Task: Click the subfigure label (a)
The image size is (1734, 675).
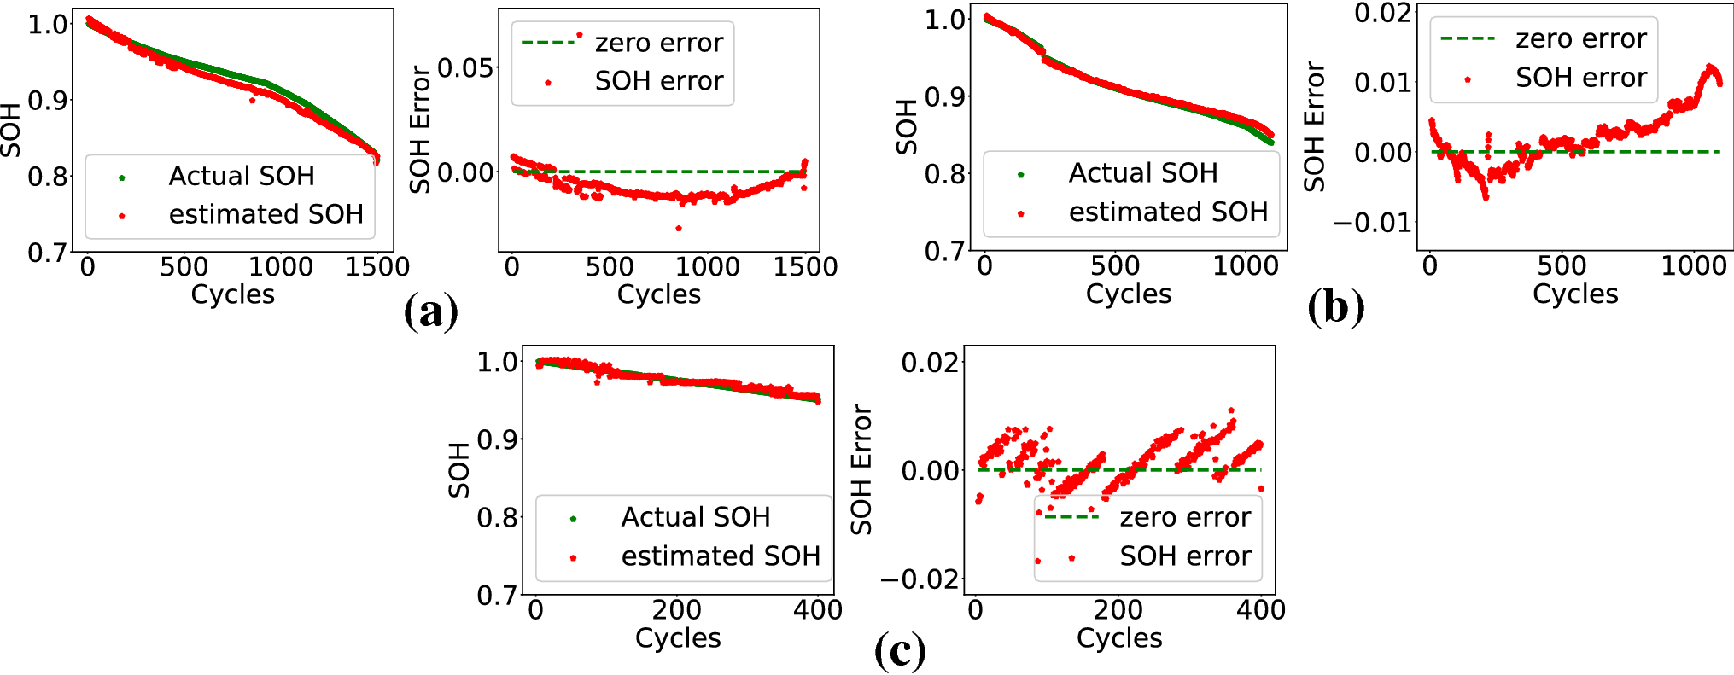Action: tap(430, 311)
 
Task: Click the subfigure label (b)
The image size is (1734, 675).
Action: tap(1335, 307)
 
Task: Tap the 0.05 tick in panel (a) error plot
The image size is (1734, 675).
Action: tap(465, 67)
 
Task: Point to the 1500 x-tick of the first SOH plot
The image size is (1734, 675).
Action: tap(377, 266)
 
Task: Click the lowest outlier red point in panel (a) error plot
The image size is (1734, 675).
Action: tap(679, 228)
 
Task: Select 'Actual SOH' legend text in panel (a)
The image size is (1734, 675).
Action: tap(242, 176)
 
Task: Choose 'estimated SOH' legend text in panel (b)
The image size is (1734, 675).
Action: tap(1168, 212)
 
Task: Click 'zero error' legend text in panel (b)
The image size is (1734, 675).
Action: tap(1580, 38)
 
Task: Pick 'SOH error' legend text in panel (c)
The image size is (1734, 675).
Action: tap(1185, 556)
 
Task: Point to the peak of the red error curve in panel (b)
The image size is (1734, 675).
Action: tap(1710, 67)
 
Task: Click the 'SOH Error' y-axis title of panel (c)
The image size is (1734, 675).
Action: tap(861, 469)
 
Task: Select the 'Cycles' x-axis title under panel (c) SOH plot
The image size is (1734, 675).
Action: tap(678, 637)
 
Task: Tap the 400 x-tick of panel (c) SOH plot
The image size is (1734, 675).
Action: tap(818, 610)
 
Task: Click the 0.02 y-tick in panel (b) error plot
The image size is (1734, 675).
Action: tap(1383, 13)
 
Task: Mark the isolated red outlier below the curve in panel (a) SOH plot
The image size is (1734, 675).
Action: tap(252, 101)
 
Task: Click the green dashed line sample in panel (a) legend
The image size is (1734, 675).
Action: tap(547, 42)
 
